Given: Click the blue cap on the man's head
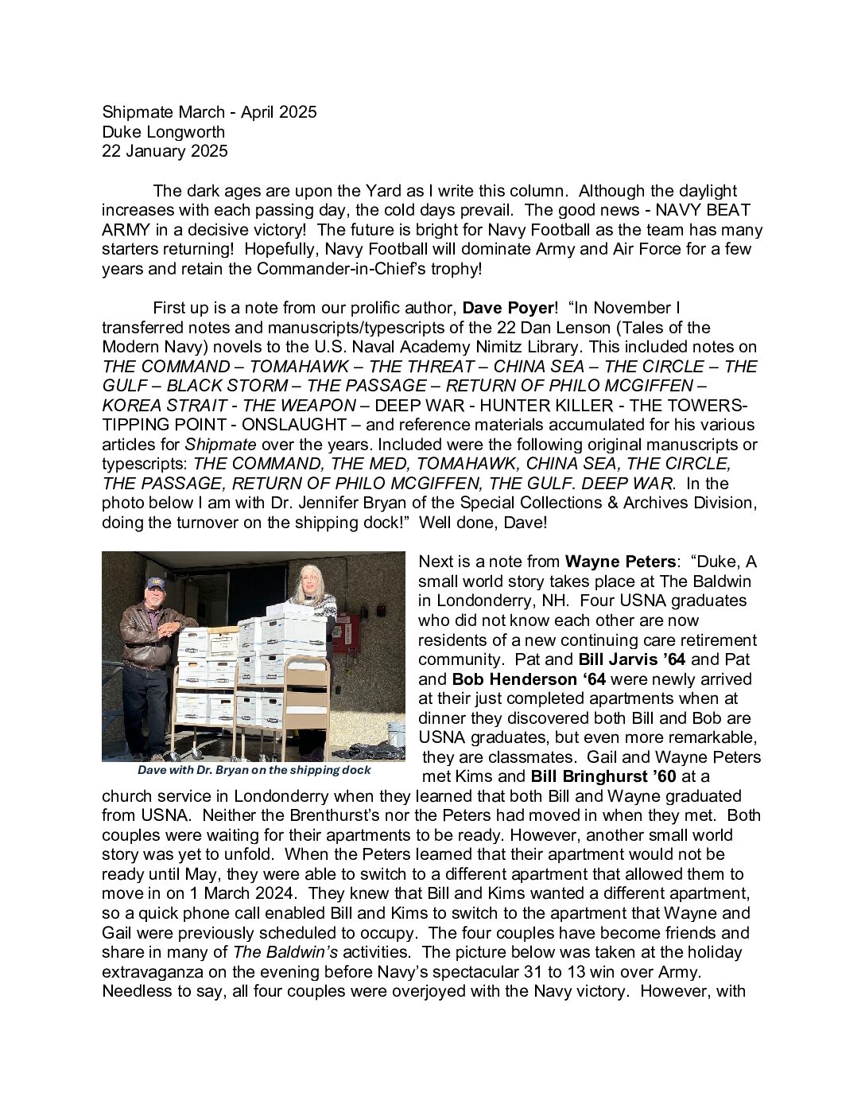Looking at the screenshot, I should click(154, 585).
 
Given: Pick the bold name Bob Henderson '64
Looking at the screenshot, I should click(529, 679).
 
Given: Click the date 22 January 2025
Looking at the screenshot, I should click(165, 151).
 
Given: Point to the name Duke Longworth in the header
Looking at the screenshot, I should click(163, 132).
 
